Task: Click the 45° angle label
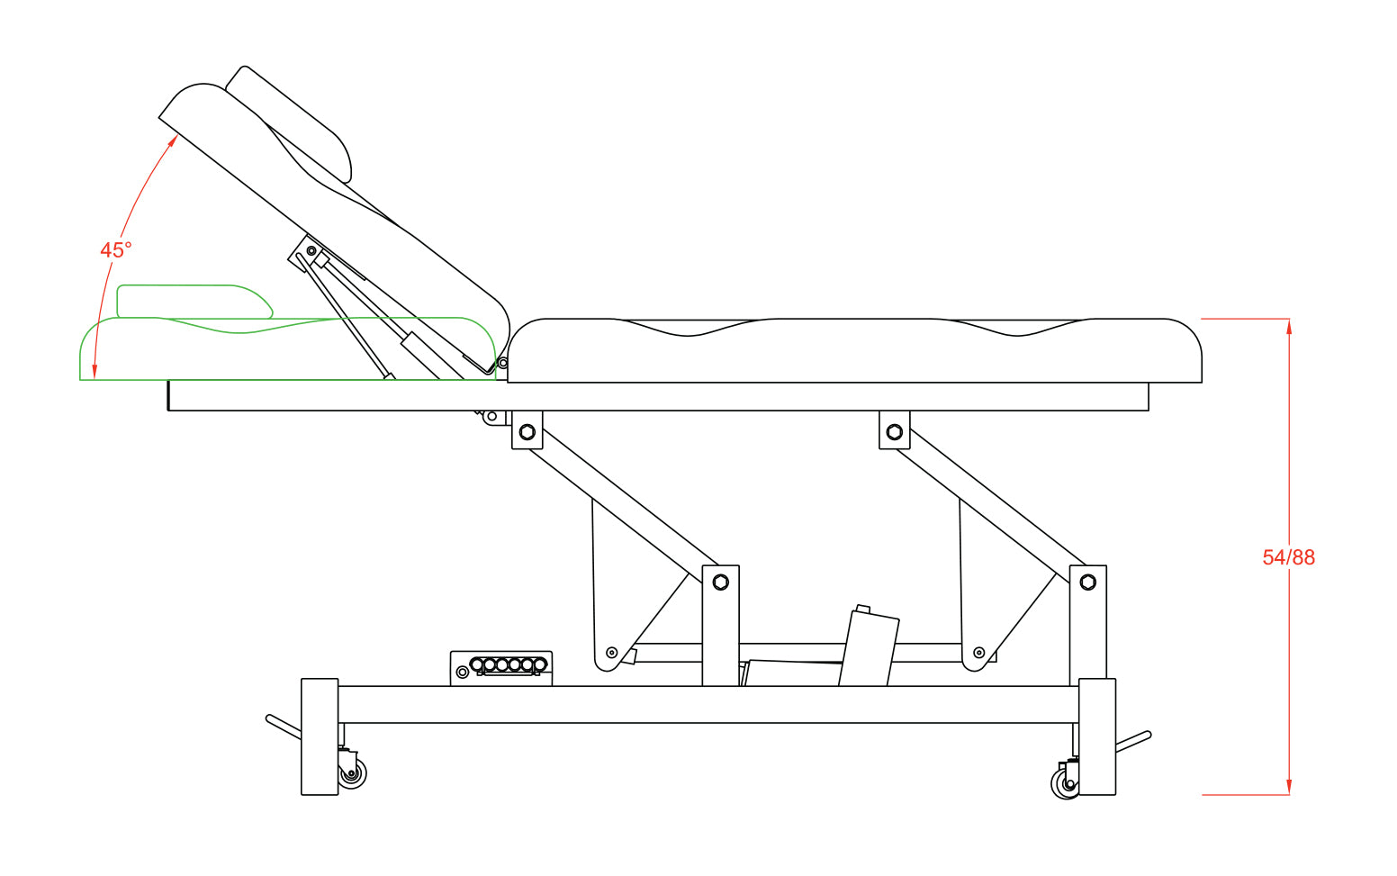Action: click(116, 250)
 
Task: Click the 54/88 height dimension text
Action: click(1288, 557)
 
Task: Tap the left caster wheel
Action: click(352, 774)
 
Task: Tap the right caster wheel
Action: click(1065, 783)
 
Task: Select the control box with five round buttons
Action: click(501, 668)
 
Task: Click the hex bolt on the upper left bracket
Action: click(527, 432)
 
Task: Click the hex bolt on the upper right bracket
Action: click(895, 432)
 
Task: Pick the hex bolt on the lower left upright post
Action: click(720, 582)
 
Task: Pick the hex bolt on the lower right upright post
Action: click(1087, 582)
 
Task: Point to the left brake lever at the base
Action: click(284, 727)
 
